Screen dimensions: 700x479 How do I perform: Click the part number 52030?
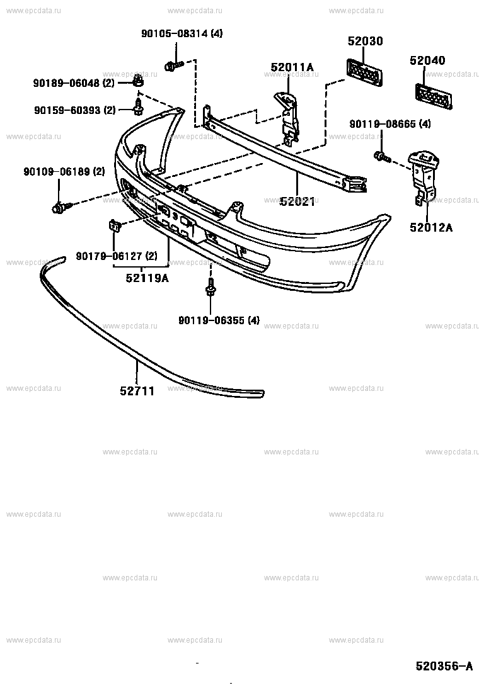click(x=366, y=42)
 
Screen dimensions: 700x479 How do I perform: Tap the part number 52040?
click(x=427, y=60)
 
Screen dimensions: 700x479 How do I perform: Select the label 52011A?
click(x=292, y=67)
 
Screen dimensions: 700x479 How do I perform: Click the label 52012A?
click(x=431, y=228)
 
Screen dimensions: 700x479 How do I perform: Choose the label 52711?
click(x=137, y=391)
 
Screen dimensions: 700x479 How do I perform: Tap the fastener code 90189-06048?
click(x=73, y=82)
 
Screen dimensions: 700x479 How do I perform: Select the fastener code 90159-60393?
click(x=74, y=110)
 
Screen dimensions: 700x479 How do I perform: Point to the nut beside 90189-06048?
click(x=138, y=80)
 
